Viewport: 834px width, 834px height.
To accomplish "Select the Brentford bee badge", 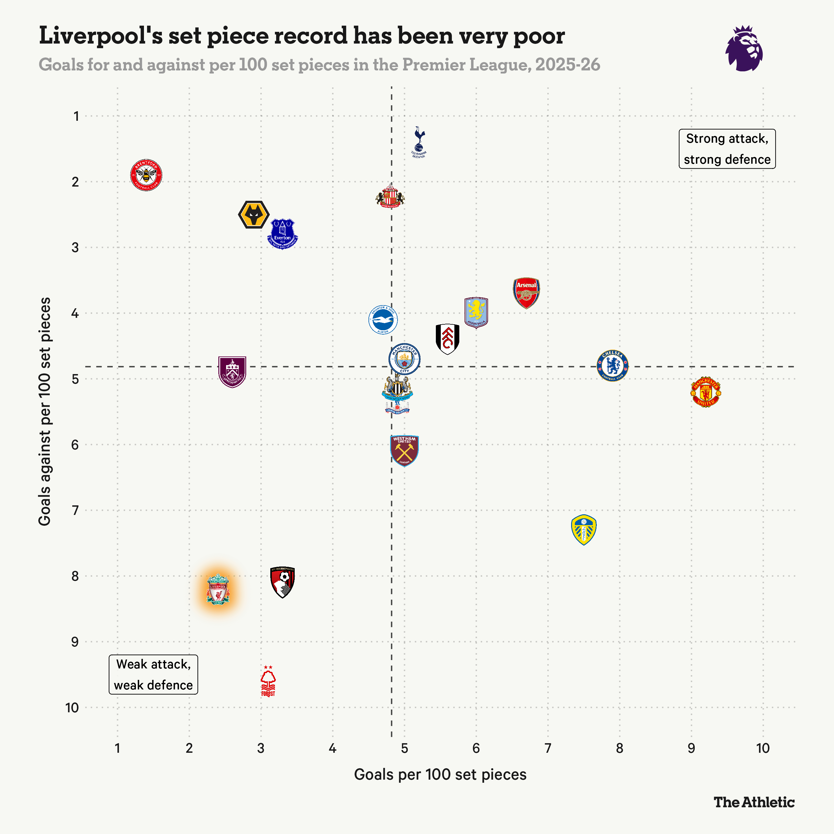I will coord(146,175).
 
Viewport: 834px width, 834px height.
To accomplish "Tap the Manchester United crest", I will coord(706,392).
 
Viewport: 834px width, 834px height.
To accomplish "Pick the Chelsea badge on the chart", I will coord(612,366).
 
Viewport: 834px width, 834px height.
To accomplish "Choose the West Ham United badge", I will coord(404,451).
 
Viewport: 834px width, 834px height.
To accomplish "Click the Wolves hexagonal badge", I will coord(254,215).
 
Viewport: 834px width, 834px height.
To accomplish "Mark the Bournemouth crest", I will coord(282,582).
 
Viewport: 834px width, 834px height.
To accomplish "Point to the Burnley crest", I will coord(232,372).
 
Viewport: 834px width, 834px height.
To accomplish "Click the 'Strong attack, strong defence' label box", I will coord(727,149).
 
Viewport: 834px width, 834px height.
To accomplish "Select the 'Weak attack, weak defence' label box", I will coord(153,675).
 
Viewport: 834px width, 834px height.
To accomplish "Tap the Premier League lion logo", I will coord(744,48).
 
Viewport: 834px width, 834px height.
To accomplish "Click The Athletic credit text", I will coord(754,802).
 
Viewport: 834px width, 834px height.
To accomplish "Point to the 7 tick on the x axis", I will coord(548,748).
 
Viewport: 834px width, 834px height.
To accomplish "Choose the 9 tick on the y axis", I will coord(75,642).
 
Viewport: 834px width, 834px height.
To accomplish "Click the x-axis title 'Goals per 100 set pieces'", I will coord(440,774).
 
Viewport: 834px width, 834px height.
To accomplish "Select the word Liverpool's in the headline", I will coord(101,36).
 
